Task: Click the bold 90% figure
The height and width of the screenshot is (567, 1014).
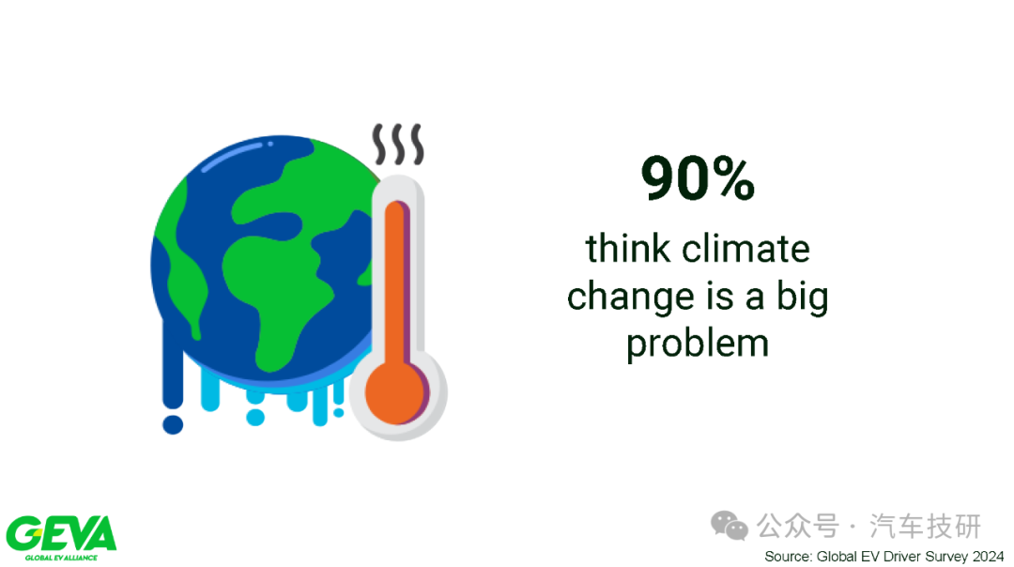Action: pyautogui.click(x=698, y=177)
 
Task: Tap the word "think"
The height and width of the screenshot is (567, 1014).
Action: pyautogui.click(x=627, y=249)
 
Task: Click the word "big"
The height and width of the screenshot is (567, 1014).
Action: pyautogui.click(x=802, y=298)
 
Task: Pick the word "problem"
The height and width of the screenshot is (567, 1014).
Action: pyautogui.click(x=698, y=343)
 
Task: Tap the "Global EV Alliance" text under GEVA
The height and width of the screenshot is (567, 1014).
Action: pyautogui.click(x=61, y=558)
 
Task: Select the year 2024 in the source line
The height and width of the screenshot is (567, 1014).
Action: pyautogui.click(x=988, y=556)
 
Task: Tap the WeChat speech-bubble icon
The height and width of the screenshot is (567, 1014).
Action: pyautogui.click(x=729, y=526)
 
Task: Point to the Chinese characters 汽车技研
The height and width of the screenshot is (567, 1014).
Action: pyautogui.click(x=926, y=526)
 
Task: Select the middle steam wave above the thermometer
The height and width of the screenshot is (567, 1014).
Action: pyautogui.click(x=399, y=144)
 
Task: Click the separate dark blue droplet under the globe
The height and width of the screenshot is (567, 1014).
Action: pyautogui.click(x=173, y=424)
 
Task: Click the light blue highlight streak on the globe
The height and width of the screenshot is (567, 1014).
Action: pyautogui.click(x=231, y=157)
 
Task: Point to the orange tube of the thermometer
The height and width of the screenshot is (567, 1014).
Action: pyautogui.click(x=395, y=284)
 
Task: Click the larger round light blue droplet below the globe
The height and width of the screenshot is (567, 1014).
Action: pyautogui.click(x=255, y=418)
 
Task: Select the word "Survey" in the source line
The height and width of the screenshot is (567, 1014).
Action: pyautogui.click(x=946, y=556)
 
